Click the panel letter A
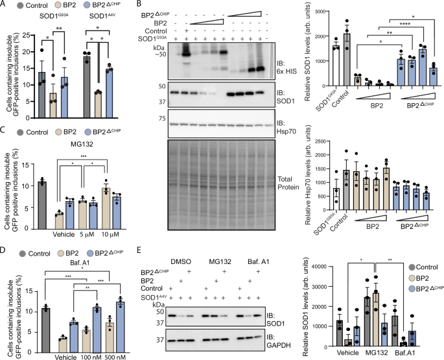click(x=5, y=5)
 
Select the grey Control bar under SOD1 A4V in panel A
click(x=104, y=81)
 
